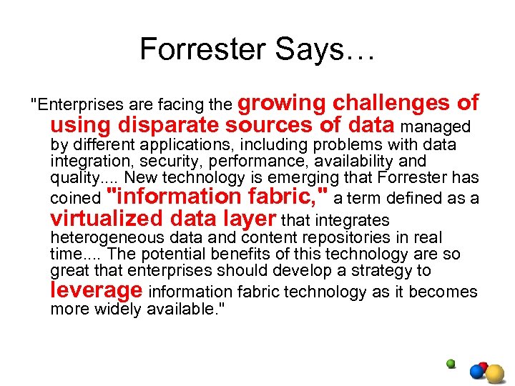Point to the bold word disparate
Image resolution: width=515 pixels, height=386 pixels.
170,126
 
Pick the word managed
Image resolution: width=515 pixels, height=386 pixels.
436,127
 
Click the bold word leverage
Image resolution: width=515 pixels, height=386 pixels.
97,290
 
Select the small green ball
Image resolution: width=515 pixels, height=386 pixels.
451,364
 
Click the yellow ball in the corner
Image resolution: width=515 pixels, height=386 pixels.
495,373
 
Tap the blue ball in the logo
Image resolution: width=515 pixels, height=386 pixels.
476,372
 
